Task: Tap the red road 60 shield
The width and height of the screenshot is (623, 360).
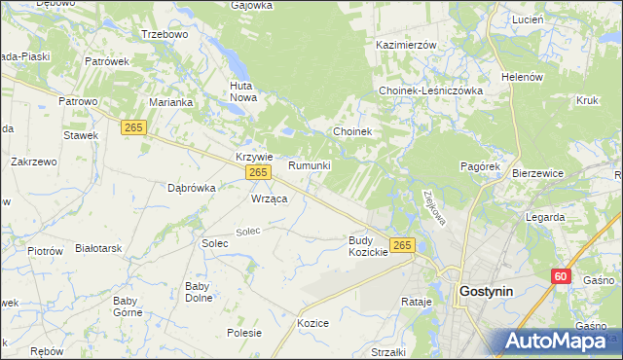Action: pos(559,276)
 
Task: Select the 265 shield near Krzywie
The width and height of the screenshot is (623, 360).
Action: pos(257,172)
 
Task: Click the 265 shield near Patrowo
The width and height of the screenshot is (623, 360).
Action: pos(134,126)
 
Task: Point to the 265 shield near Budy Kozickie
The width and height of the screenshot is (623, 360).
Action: pos(402,243)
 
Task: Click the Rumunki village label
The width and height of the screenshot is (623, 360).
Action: pos(310,165)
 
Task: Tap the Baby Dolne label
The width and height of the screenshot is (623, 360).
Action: pos(199,292)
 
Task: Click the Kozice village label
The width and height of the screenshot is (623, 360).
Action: pos(312,323)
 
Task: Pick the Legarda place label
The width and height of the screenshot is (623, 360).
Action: pos(545,218)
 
